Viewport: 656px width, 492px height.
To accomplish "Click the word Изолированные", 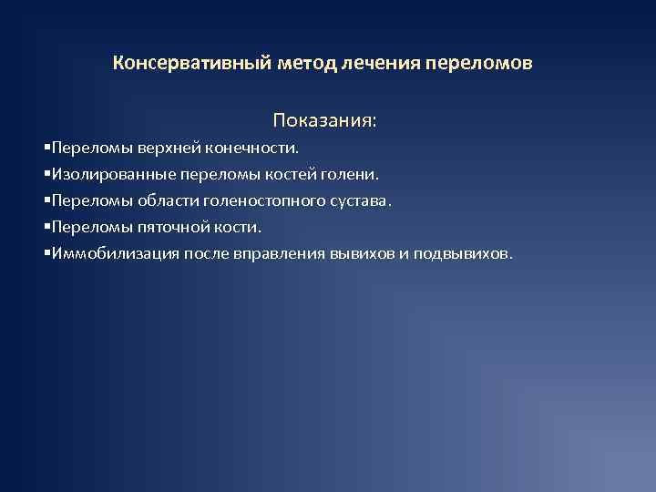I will (x=103, y=173).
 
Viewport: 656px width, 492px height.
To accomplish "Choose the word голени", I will (x=351, y=173).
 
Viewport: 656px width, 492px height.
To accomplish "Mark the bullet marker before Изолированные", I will (x=46, y=173).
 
